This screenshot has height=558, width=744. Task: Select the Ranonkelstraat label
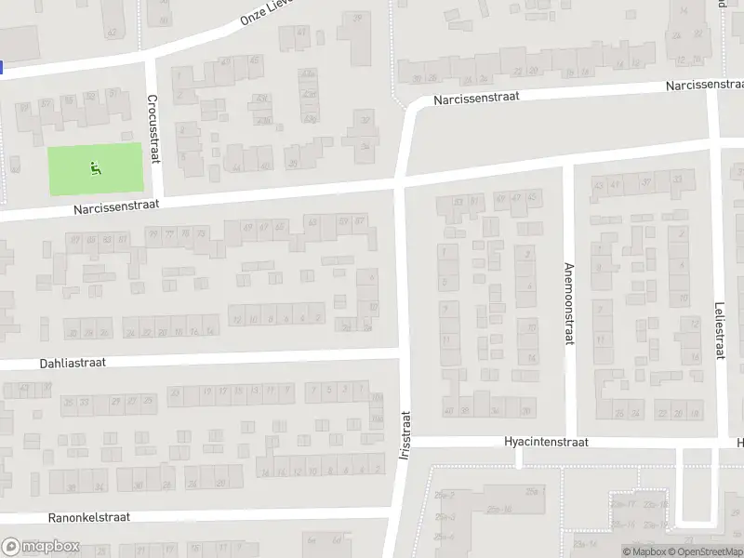pos(89,516)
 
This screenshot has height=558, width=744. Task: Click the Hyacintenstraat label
pos(546,443)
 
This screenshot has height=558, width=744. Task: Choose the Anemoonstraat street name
pos(569,303)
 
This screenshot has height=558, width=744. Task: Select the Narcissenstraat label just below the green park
pos(118,209)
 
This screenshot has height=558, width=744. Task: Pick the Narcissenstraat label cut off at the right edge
pos(703,85)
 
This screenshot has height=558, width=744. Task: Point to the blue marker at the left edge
pos(2,67)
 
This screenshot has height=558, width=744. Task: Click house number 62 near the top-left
pos(113,32)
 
